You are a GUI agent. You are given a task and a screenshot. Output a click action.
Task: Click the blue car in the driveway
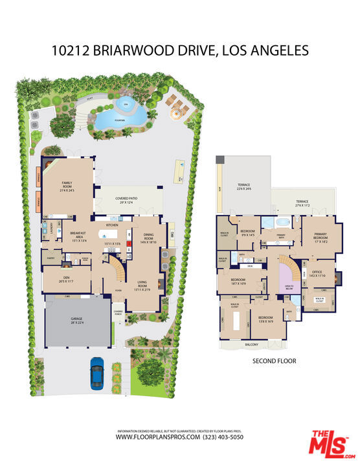click(x=97, y=374)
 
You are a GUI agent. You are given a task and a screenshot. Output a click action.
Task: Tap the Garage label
click(x=72, y=322)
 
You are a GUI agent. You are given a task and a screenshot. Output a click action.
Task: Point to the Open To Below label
click(x=289, y=286)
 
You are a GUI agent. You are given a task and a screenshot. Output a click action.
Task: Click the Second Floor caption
click(x=274, y=361)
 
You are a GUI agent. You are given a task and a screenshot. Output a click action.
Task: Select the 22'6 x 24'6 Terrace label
click(x=244, y=188)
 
